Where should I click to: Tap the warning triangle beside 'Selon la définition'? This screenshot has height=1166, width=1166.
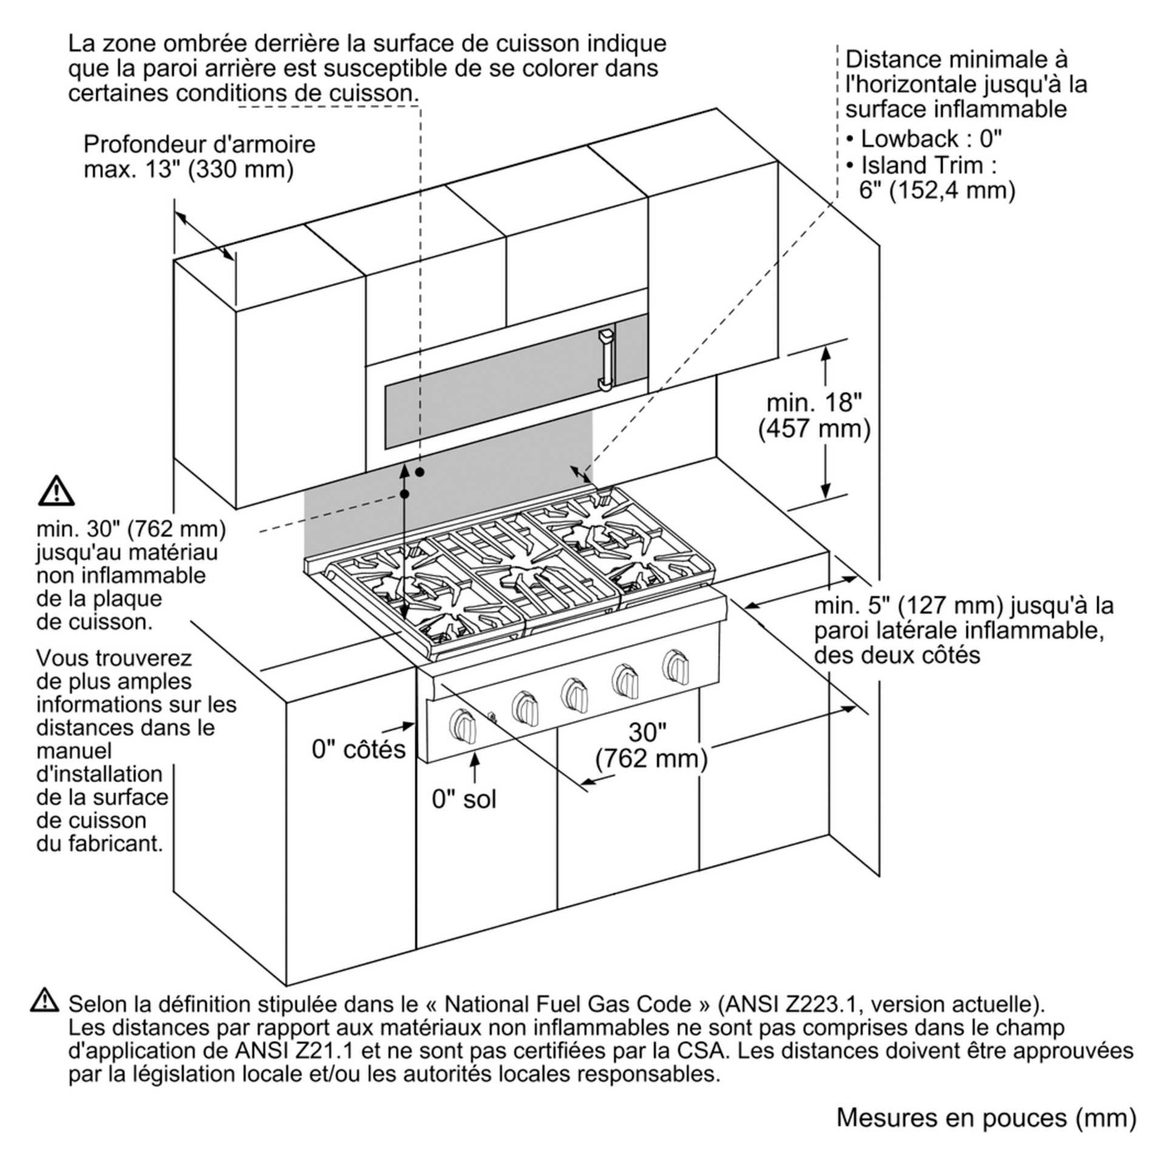pyautogui.click(x=44, y=1000)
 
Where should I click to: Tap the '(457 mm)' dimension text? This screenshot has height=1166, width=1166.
pyautogui.click(x=814, y=429)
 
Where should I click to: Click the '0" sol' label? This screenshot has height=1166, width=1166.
pyautogui.click(x=464, y=800)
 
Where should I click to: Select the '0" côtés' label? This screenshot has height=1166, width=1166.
pyautogui.click(x=358, y=749)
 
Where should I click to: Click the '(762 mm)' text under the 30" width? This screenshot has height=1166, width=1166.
pyautogui.click(x=651, y=759)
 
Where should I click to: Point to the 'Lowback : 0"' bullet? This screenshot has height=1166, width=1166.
pyautogui.click(x=923, y=139)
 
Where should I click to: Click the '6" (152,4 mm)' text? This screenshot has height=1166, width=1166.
pyautogui.click(x=937, y=190)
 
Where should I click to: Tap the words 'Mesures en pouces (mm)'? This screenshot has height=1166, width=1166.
pyautogui.click(x=986, y=1118)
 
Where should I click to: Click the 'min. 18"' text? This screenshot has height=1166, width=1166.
pyautogui.click(x=814, y=403)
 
